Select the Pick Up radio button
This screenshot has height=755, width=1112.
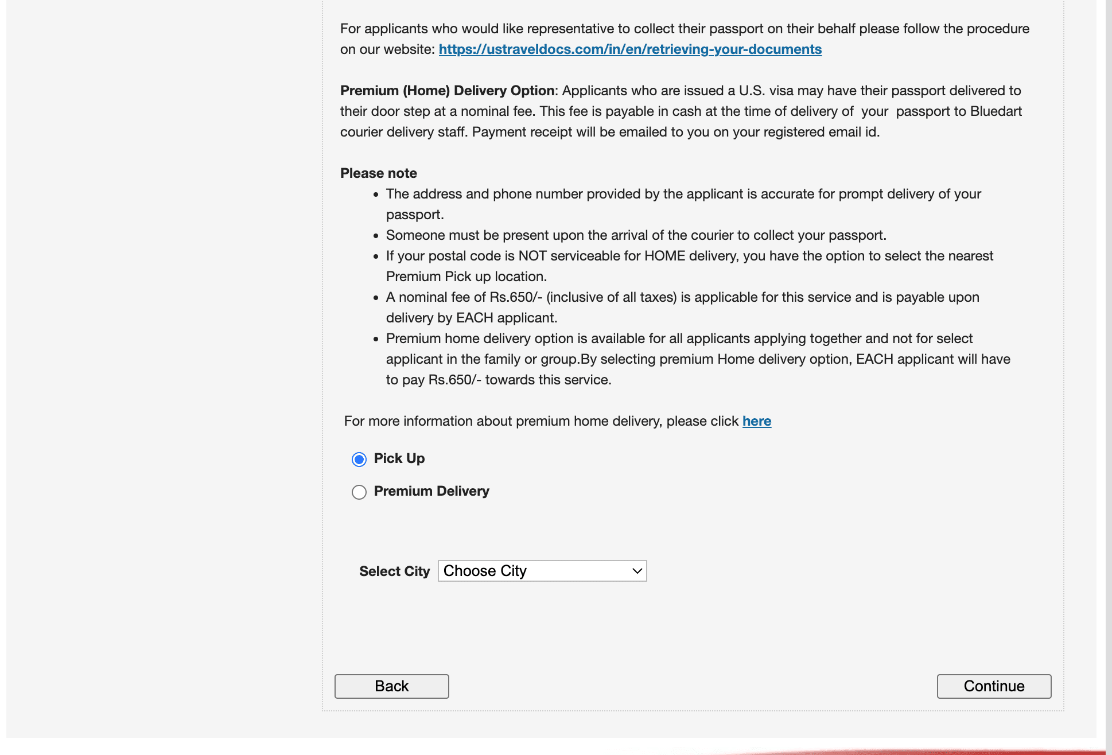click(x=359, y=459)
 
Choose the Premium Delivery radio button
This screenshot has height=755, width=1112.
click(x=359, y=492)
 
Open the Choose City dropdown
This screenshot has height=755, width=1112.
click(x=542, y=571)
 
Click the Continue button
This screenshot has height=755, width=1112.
click(x=994, y=686)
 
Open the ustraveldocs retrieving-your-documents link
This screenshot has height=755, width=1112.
click(x=630, y=49)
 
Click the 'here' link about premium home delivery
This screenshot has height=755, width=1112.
click(x=756, y=421)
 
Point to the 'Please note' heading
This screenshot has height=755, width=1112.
click(x=379, y=173)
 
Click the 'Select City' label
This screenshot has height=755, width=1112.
click(x=394, y=571)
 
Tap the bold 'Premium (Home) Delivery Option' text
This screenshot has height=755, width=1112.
click(x=447, y=91)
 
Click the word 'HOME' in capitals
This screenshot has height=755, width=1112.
click(x=664, y=256)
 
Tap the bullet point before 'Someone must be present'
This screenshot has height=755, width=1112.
click(x=376, y=236)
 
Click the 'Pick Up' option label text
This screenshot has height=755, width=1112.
click(x=399, y=458)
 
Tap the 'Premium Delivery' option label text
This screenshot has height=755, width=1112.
click(x=431, y=491)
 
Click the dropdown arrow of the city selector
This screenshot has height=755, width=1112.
click(x=636, y=571)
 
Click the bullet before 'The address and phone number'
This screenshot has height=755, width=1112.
click(x=376, y=194)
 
